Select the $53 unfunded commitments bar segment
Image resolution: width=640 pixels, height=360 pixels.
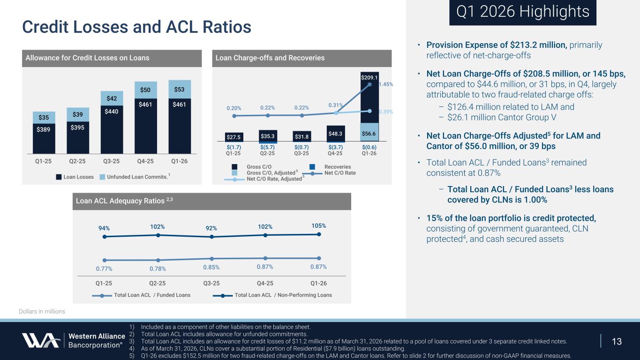180,89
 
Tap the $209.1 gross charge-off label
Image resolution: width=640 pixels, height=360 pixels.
369,77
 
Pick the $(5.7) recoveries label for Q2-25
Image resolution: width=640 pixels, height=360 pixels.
267,147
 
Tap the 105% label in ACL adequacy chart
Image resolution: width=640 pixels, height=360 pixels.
318,225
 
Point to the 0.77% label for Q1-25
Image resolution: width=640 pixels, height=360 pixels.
104,269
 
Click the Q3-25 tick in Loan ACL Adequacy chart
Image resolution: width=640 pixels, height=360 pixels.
211,283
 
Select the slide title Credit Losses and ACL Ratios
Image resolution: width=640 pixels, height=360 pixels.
137,27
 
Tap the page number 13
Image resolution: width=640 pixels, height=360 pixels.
617,341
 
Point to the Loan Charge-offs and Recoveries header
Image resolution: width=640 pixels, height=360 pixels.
270,58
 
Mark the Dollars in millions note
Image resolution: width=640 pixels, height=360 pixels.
42,311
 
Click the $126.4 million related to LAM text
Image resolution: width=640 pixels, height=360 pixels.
511,107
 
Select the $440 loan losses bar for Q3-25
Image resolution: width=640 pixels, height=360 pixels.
112,122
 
